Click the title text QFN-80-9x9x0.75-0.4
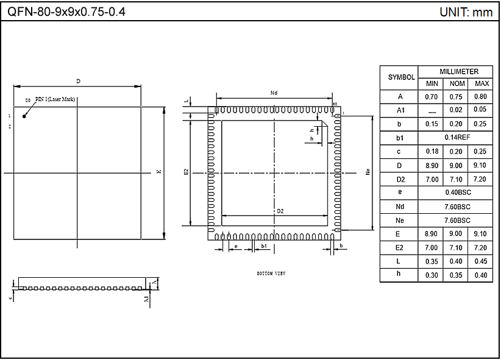click(66, 12)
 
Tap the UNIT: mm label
click(466, 12)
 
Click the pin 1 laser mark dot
click(24, 116)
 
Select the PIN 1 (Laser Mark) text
click(55, 99)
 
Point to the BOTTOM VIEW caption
click(271, 274)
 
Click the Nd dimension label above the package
click(274, 93)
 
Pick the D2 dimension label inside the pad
click(280, 211)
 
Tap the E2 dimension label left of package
click(187, 172)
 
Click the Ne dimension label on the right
click(368, 172)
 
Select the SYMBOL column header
click(401, 77)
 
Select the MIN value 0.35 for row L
click(432, 261)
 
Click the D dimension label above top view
click(77, 81)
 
